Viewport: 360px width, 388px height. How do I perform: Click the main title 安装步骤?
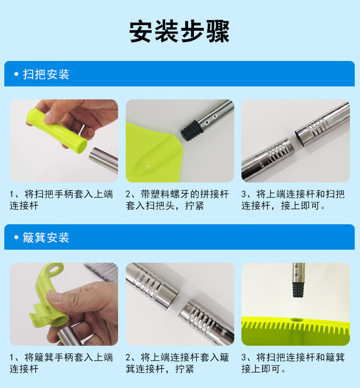180,32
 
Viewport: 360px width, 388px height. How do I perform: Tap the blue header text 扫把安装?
46,74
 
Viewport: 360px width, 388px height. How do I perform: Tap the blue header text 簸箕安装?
46,238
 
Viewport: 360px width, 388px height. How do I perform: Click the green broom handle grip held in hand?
57,131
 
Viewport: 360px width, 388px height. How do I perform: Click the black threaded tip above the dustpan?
298,290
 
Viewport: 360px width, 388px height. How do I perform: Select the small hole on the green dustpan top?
296,320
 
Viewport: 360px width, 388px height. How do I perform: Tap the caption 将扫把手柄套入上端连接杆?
61,200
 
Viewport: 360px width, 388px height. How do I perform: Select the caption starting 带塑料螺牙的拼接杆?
177,200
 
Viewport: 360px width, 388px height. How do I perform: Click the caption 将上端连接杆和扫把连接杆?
293,200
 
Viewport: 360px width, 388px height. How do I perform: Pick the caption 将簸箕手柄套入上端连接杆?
61,363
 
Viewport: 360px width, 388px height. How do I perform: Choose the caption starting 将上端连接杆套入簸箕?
177,363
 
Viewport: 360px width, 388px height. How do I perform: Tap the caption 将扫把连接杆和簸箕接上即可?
293,363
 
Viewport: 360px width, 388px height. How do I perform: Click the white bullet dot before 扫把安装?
16,74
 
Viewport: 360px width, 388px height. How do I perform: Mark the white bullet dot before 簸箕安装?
16,237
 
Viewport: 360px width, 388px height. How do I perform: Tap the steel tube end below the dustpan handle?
67,336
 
